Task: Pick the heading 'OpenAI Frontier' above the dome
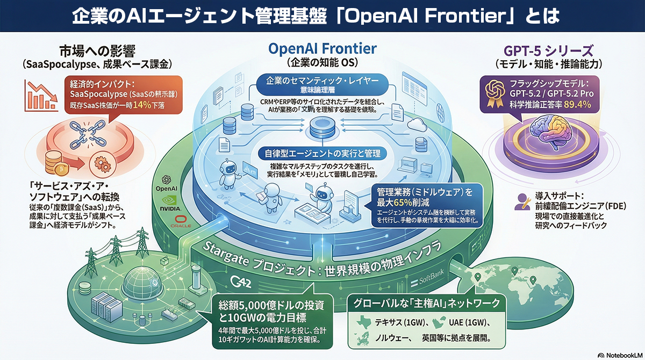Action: point(322,48)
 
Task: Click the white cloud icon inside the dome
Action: point(418,125)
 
